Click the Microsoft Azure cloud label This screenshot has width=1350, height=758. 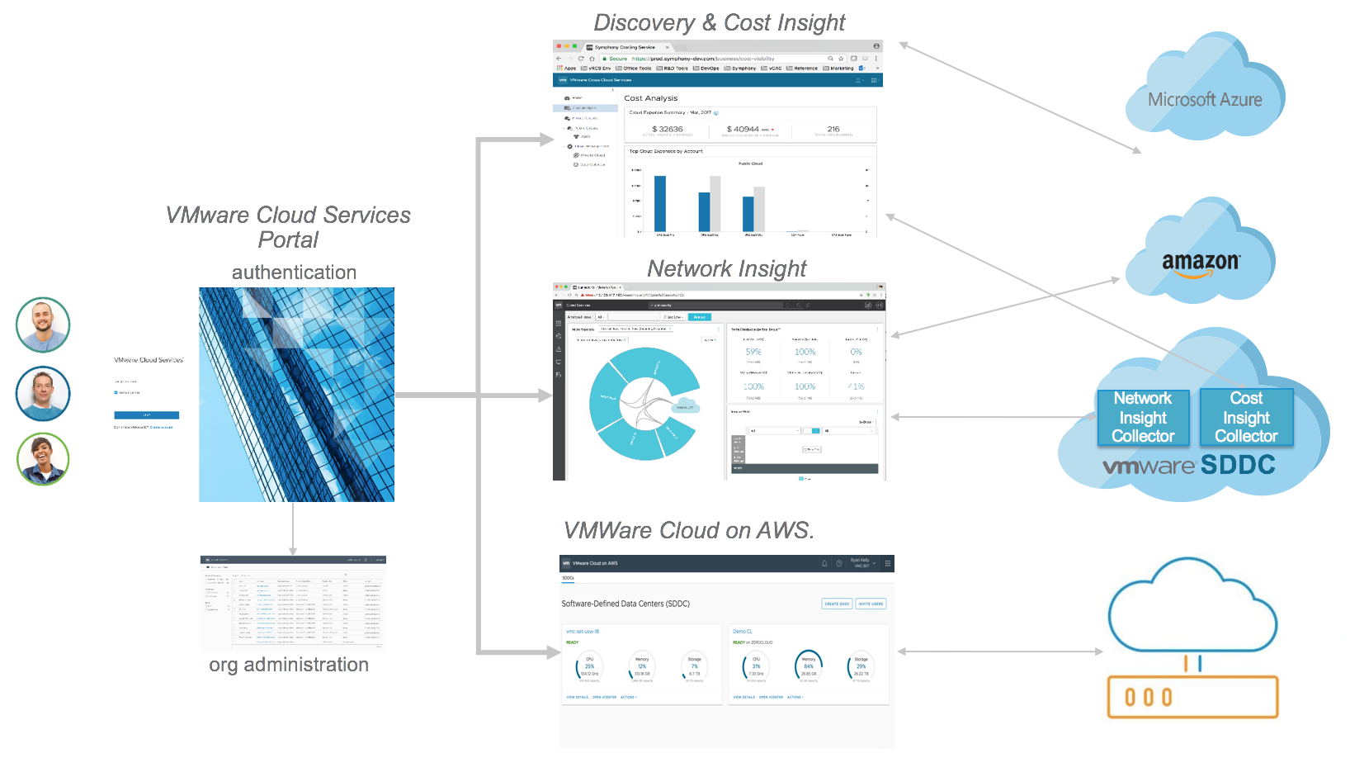1205,100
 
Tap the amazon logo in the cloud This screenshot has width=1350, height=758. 1201,263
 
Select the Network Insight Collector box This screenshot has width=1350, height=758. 1143,418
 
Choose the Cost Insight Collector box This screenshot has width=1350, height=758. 1246,418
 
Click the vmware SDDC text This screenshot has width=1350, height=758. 1189,465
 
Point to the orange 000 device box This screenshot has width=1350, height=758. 1192,697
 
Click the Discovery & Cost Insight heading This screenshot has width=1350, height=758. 719,23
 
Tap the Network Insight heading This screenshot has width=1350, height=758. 726,268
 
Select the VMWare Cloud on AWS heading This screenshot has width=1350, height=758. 688,530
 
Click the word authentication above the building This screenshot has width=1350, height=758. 294,272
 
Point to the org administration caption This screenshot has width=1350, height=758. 289,665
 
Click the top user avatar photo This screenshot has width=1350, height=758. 43,325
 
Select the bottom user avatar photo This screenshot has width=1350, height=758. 43,459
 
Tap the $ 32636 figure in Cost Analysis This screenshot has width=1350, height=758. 668,129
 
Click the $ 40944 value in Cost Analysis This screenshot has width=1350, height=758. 743,129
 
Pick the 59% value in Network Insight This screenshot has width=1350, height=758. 753,352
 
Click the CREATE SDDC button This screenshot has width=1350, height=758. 837,604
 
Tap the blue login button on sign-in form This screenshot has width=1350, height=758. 147,415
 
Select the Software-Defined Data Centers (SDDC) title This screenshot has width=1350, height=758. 625,604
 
